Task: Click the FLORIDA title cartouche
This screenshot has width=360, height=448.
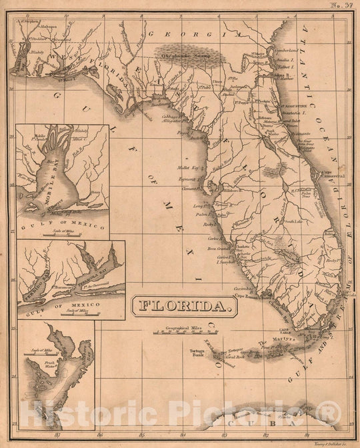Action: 185,306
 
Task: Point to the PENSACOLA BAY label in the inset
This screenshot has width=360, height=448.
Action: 94,274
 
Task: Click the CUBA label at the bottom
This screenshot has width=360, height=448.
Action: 259,418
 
